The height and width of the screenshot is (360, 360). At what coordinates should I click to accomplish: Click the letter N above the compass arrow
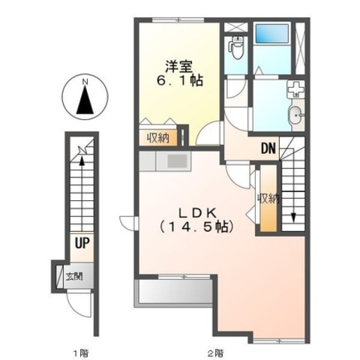click(85, 82)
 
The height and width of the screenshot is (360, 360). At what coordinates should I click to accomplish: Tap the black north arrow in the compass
click(85, 100)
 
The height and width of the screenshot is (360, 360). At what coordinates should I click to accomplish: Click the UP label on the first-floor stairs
click(82, 242)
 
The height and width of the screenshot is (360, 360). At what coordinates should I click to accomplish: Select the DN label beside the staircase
click(268, 148)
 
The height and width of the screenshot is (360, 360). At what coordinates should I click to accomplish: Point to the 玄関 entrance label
click(74, 277)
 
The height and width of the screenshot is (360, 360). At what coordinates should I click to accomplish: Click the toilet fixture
click(235, 47)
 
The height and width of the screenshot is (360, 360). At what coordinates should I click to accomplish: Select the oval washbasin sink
click(297, 115)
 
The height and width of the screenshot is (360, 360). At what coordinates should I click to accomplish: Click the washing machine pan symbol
click(296, 89)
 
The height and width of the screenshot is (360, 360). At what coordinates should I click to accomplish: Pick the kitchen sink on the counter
click(177, 161)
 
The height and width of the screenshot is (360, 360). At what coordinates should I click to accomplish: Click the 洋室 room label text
click(178, 67)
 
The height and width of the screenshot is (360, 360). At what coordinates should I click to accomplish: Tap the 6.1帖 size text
click(180, 80)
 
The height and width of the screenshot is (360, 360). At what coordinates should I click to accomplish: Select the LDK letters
click(197, 213)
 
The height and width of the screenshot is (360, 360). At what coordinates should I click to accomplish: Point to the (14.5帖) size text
click(197, 226)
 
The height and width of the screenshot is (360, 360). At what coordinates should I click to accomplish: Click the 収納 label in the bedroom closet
click(157, 138)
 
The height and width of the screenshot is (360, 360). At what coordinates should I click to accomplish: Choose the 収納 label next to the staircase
click(268, 199)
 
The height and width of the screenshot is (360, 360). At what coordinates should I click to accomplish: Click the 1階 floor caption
click(81, 353)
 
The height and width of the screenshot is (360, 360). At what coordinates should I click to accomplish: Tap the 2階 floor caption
click(215, 353)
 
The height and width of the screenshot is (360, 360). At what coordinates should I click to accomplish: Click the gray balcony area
click(175, 292)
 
